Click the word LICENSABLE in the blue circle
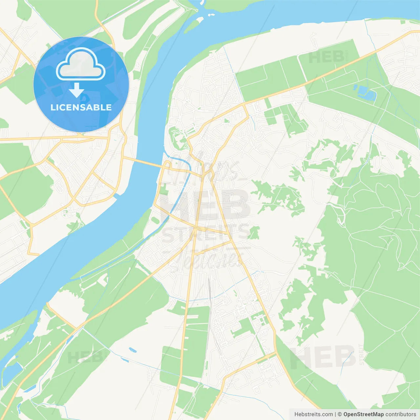(x=81, y=107)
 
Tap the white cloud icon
(x=81, y=64)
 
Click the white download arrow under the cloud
(x=77, y=90)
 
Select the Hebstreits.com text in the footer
(x=313, y=414)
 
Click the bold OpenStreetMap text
(x=363, y=414)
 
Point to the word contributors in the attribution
(x=401, y=414)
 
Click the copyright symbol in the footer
(x=340, y=414)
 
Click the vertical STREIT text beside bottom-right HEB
(x=361, y=354)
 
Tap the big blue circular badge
(x=81, y=84)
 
